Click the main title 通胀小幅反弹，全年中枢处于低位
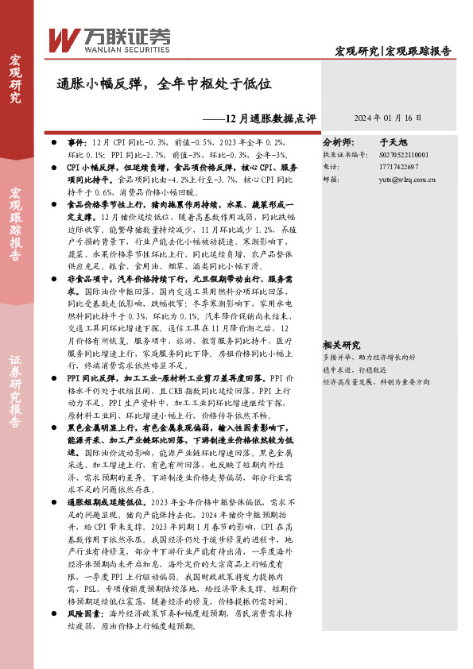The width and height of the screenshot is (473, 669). tap(165, 83)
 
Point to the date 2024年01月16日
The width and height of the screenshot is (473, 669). tap(387, 118)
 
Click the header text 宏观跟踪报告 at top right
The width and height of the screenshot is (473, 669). tap(419, 52)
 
